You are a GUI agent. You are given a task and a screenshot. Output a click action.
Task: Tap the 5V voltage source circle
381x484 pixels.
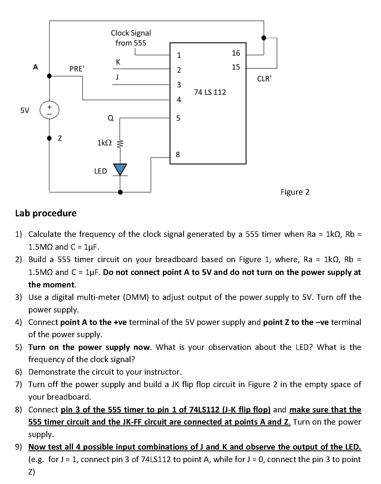click(49, 110)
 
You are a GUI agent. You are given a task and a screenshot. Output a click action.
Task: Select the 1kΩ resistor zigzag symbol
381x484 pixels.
click(120, 144)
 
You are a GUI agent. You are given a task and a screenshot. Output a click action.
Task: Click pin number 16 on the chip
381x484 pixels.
click(236, 53)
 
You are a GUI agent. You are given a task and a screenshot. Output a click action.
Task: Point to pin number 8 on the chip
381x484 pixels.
click(178, 154)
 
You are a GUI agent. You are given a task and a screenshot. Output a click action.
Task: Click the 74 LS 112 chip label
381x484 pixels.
click(210, 92)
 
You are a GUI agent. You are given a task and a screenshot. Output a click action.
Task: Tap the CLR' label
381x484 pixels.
click(264, 79)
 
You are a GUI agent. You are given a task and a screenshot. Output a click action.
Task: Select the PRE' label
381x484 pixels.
click(77, 69)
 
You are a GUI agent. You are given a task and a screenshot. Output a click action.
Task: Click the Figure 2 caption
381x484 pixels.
click(295, 192)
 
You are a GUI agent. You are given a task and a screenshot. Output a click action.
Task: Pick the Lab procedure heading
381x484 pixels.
click(46, 213)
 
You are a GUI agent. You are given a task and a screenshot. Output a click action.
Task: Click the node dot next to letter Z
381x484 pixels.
click(49, 138)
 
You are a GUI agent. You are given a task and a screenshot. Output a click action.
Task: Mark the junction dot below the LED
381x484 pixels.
click(120, 192)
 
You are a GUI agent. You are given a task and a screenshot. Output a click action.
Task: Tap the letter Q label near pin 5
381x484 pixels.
click(110, 118)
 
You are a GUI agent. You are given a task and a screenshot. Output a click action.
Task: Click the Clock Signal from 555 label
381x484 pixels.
click(131, 38)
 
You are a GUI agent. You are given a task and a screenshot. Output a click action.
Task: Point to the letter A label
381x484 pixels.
click(35, 67)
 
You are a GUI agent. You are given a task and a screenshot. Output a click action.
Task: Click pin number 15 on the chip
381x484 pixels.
click(236, 67)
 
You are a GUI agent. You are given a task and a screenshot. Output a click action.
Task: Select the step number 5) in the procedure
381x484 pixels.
click(18, 347)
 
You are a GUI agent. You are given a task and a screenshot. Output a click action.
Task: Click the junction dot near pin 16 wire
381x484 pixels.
click(264, 38)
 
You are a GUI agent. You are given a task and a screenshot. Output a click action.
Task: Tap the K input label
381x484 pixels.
click(118, 62)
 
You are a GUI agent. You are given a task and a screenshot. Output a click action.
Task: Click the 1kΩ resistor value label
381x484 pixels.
click(104, 143)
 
